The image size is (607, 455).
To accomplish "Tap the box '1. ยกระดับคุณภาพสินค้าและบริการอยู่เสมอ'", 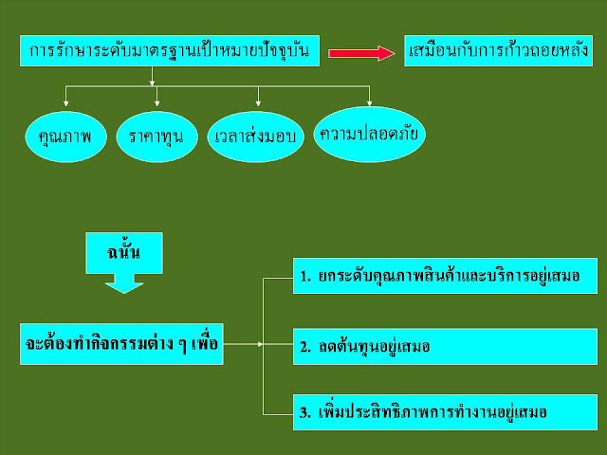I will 445,276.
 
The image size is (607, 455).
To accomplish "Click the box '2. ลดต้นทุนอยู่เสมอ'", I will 445,346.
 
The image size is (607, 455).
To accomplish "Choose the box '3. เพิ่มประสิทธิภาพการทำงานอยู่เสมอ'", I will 445,413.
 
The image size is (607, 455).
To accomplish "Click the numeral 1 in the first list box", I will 304,277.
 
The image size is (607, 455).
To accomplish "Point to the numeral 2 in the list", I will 304,347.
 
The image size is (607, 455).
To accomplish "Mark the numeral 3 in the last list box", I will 304,414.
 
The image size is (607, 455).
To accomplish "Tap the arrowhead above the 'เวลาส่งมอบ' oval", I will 258,101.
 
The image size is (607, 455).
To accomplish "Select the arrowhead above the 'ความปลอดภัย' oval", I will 369,101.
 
